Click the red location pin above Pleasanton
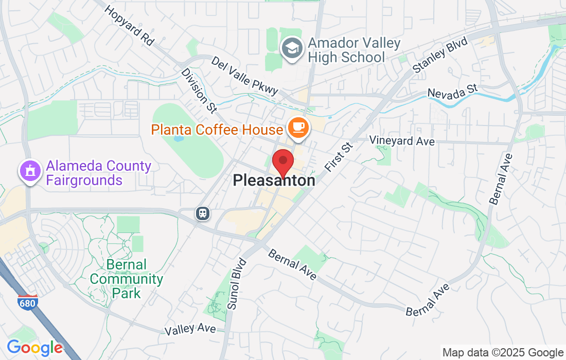[x=282, y=163]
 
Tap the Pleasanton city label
[x=274, y=181]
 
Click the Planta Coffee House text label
[x=217, y=129]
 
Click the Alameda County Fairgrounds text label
[x=98, y=173]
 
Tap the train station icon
[x=202, y=212]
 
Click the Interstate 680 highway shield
[x=27, y=302]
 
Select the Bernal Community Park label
[x=126, y=279]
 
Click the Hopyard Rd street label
[x=130, y=26]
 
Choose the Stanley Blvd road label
[x=440, y=55]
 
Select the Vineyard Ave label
[x=402, y=141]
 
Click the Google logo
[x=34, y=348]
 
